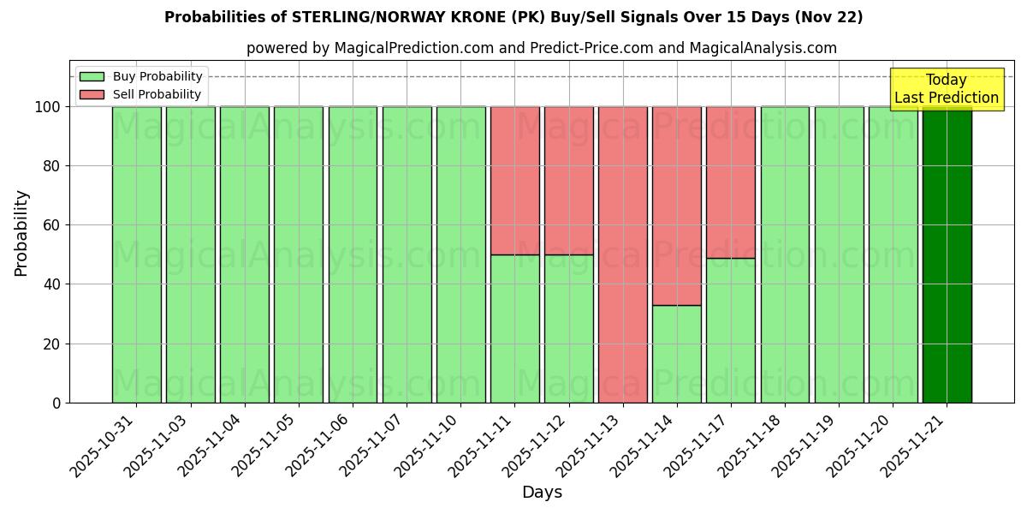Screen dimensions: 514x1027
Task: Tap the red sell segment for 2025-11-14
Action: [677, 206]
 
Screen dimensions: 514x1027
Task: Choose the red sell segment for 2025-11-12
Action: [569, 181]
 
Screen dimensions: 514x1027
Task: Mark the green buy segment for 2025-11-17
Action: [731, 330]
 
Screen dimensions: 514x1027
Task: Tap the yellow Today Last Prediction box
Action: [947, 89]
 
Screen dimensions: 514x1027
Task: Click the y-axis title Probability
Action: [21, 233]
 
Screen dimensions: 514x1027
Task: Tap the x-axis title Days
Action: [542, 493]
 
